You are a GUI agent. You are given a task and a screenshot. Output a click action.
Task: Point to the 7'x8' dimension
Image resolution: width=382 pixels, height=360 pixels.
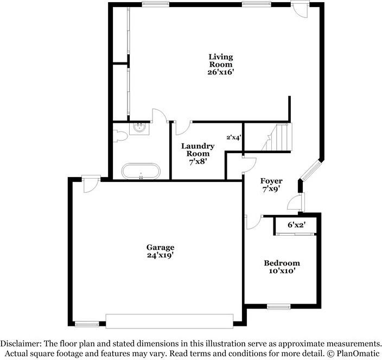coord(198,161)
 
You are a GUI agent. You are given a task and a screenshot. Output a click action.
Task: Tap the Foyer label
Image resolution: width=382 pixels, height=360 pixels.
coord(271,181)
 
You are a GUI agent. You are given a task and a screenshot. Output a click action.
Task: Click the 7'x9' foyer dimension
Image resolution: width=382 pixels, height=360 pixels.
coord(271,190)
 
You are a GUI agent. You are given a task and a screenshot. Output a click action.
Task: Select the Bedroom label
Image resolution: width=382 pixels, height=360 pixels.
coord(282,263)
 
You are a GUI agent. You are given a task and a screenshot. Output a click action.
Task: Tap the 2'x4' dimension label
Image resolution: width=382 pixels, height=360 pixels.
coord(234,137)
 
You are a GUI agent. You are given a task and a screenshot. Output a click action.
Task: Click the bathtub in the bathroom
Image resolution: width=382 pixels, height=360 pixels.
coord(141,171)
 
